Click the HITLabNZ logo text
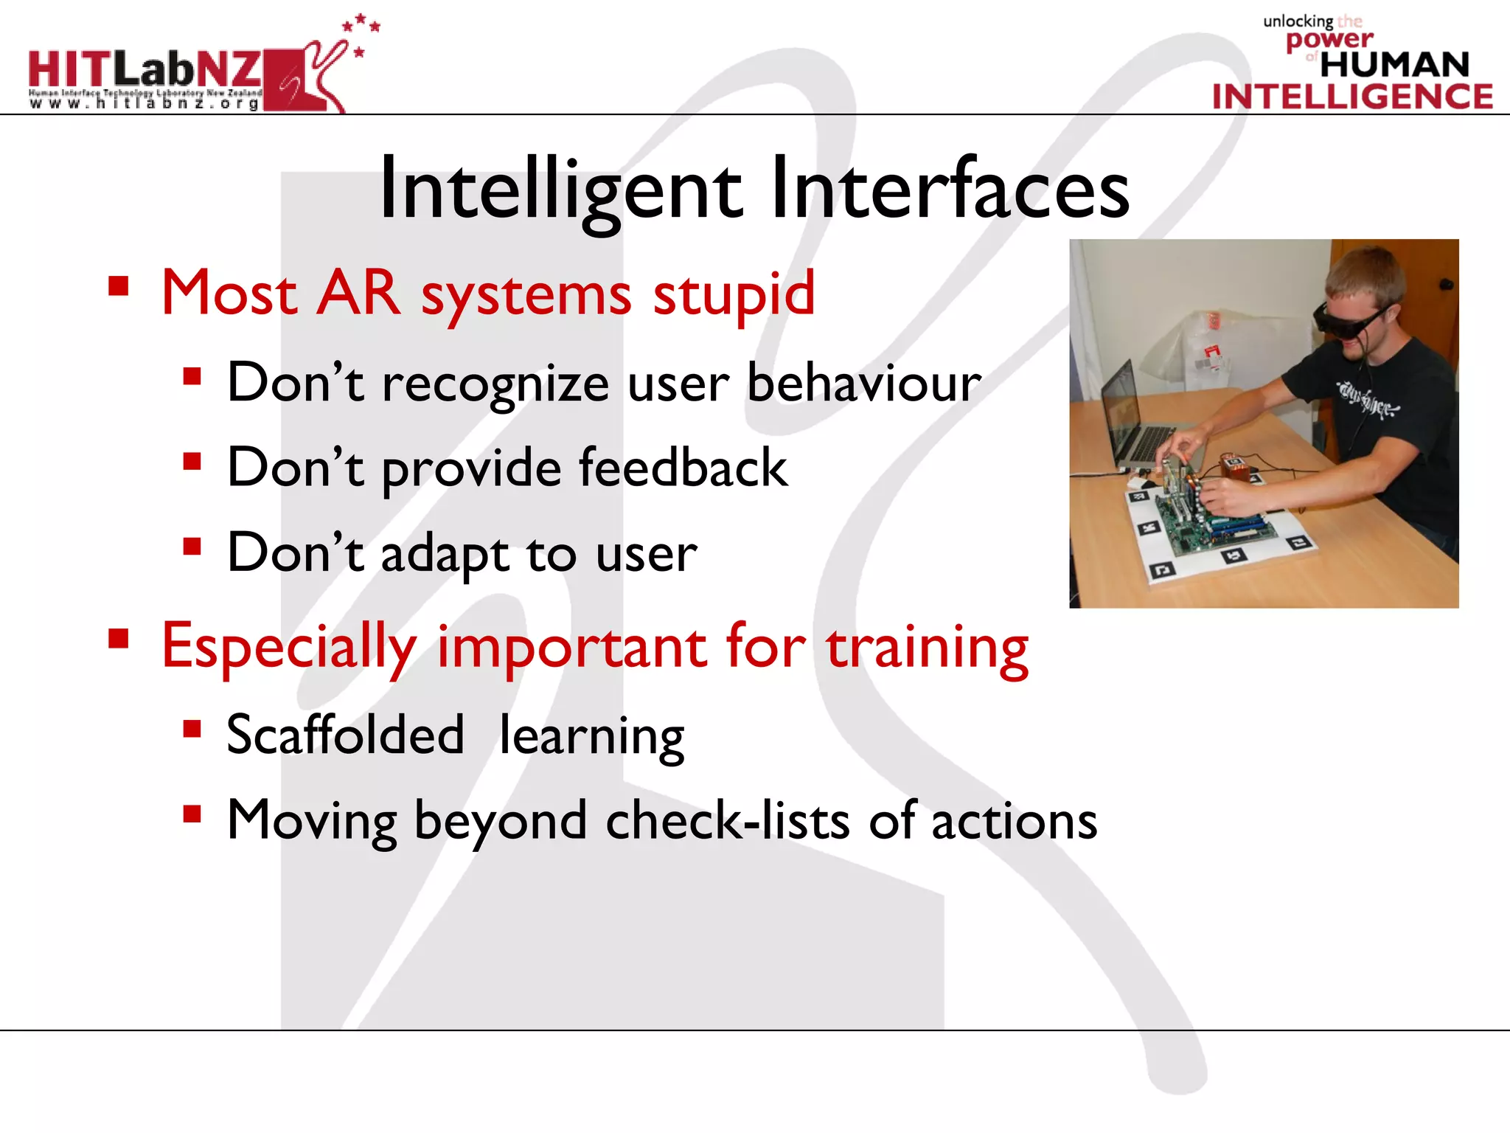[x=145, y=69]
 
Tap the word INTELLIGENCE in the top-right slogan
[x=1352, y=97]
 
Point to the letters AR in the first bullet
[x=359, y=293]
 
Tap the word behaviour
[x=863, y=384]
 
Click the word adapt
[x=444, y=553]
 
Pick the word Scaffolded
[x=345, y=735]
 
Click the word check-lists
[x=727, y=820]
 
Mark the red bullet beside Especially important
[x=119, y=638]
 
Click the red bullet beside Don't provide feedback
[x=192, y=462]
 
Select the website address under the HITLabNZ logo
[x=145, y=104]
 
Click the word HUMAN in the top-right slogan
[x=1394, y=65]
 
